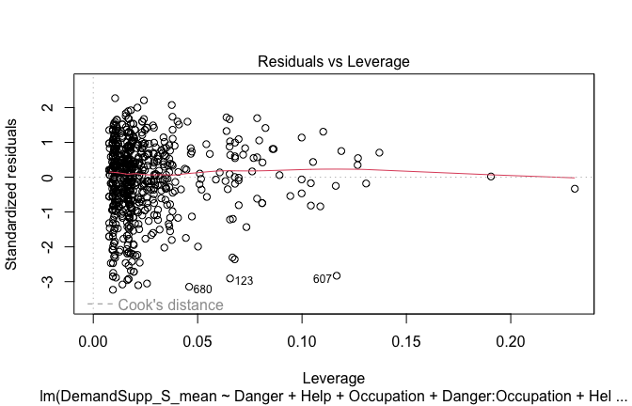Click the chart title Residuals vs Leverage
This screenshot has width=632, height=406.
[x=333, y=61]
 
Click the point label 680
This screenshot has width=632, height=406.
[x=202, y=289]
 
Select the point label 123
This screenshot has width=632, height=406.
[x=244, y=281]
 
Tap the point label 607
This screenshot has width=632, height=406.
[x=323, y=278]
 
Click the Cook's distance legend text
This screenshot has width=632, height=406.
[x=170, y=304]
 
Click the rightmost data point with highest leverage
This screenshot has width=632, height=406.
[x=575, y=189]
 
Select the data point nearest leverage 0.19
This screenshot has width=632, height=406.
[x=490, y=176]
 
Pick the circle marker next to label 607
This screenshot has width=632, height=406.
[x=337, y=275]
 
